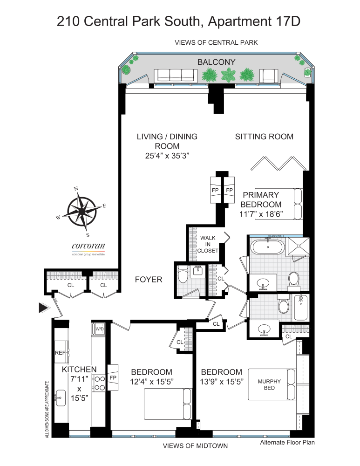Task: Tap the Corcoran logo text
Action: click(88, 247)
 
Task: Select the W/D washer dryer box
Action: click(100, 329)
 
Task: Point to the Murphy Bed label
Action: click(269, 384)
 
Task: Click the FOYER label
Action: click(148, 280)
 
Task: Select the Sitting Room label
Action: click(264, 137)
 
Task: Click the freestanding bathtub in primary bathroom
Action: click(266, 247)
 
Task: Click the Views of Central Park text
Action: click(216, 42)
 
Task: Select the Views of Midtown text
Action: click(195, 446)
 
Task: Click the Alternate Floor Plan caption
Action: click(287, 442)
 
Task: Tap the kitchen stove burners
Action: click(99, 383)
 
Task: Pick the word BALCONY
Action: click(216, 62)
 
